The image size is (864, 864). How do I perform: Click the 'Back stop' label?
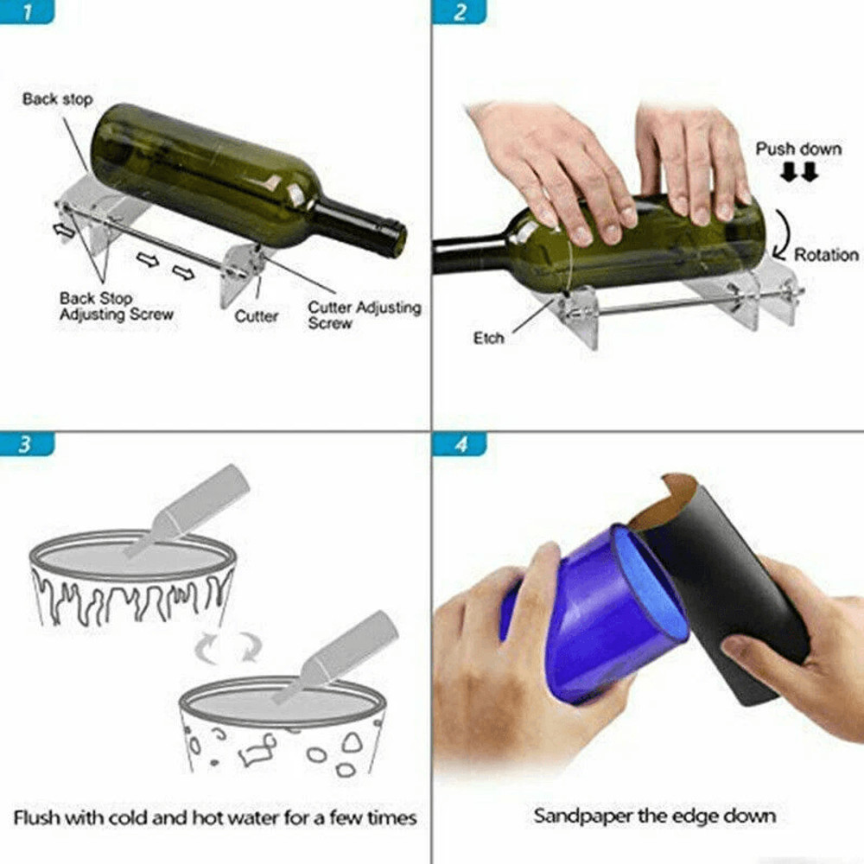[x=57, y=98]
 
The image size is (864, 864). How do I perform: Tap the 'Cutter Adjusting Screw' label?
[x=365, y=315]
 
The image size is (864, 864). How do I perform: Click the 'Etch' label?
[x=488, y=338]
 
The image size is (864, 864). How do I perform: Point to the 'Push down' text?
[x=798, y=149]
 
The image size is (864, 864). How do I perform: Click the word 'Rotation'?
[x=827, y=255]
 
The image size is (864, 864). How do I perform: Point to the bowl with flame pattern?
[x=130, y=579]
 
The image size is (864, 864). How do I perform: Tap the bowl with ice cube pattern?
[x=281, y=726]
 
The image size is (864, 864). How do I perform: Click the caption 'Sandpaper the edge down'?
[x=654, y=815]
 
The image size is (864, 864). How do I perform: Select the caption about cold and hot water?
[x=215, y=816]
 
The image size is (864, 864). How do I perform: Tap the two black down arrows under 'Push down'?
[x=798, y=173]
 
